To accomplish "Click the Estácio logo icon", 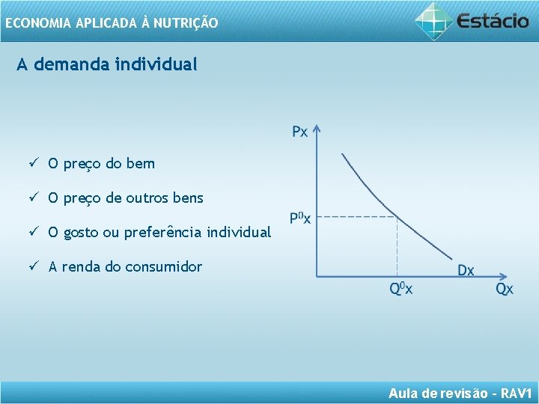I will click(x=434, y=20).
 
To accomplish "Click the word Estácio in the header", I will click(x=493, y=20).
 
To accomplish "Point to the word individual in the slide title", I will click(x=157, y=64).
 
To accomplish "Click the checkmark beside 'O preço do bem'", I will click(x=34, y=163).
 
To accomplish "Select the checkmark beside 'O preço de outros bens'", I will click(x=34, y=198).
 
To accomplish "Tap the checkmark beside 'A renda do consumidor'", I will click(x=34, y=266).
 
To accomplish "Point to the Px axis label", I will click(x=299, y=132).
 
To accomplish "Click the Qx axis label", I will click(x=505, y=290).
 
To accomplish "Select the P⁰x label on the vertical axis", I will click(x=299, y=218).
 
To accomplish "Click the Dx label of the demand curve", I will click(x=466, y=270).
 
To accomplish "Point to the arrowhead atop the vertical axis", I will click(x=317, y=129).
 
